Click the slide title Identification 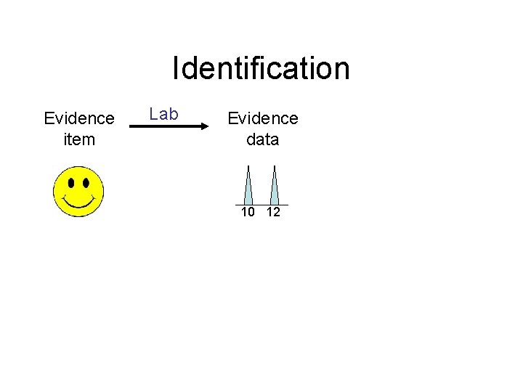pyautogui.click(x=261, y=68)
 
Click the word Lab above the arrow pyautogui.click(x=163, y=114)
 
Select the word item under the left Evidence pyautogui.click(x=79, y=139)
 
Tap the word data pyautogui.click(x=262, y=139)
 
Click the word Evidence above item pyautogui.click(x=79, y=118)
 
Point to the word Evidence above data pyautogui.click(x=263, y=118)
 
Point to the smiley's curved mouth pyautogui.click(x=78, y=200)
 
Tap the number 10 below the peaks pyautogui.click(x=248, y=213)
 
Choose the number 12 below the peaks pyautogui.click(x=273, y=213)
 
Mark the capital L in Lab pyautogui.click(x=153, y=114)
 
